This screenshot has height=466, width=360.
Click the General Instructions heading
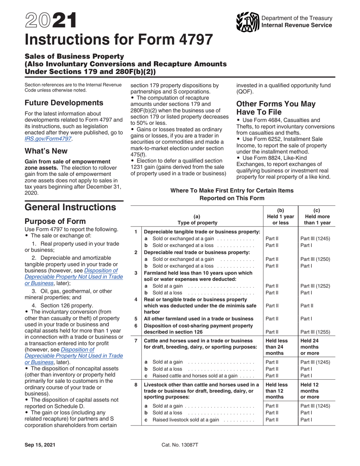(x=70, y=207)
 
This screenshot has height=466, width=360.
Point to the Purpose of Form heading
(x=55, y=221)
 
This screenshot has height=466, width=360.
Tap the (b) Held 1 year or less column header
(x=280, y=216)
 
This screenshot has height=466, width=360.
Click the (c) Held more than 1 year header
(x=316, y=216)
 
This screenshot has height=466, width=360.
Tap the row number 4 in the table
(x=136, y=299)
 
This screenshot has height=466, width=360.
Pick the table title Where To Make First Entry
(x=232, y=194)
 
